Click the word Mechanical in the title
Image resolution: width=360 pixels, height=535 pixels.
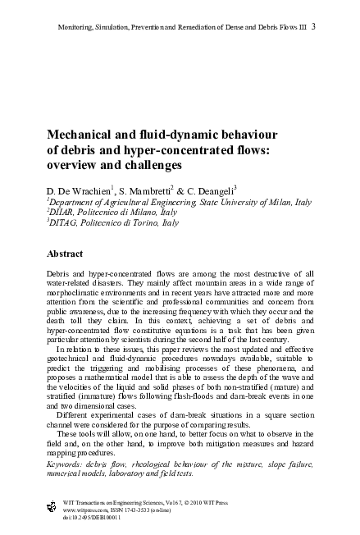coord(81,134)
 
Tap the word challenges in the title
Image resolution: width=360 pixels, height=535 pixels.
coord(144,165)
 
